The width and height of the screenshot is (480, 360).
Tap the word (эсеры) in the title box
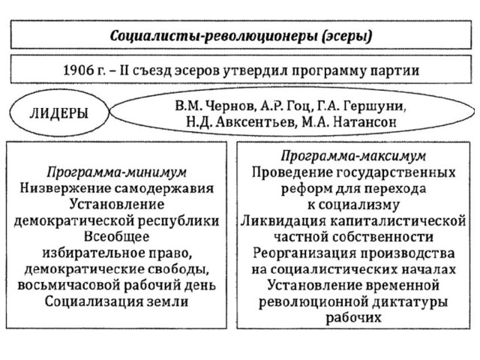click(x=347, y=37)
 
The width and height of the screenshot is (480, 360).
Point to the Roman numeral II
click(x=124, y=70)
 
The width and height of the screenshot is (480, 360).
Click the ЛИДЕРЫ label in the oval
click(x=59, y=113)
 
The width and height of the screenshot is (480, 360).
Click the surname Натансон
click(x=364, y=122)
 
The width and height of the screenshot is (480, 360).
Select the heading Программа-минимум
click(x=117, y=172)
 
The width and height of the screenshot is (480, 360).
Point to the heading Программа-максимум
click(x=353, y=156)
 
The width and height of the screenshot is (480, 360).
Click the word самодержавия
click(x=164, y=188)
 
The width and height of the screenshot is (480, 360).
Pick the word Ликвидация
click(x=283, y=221)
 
